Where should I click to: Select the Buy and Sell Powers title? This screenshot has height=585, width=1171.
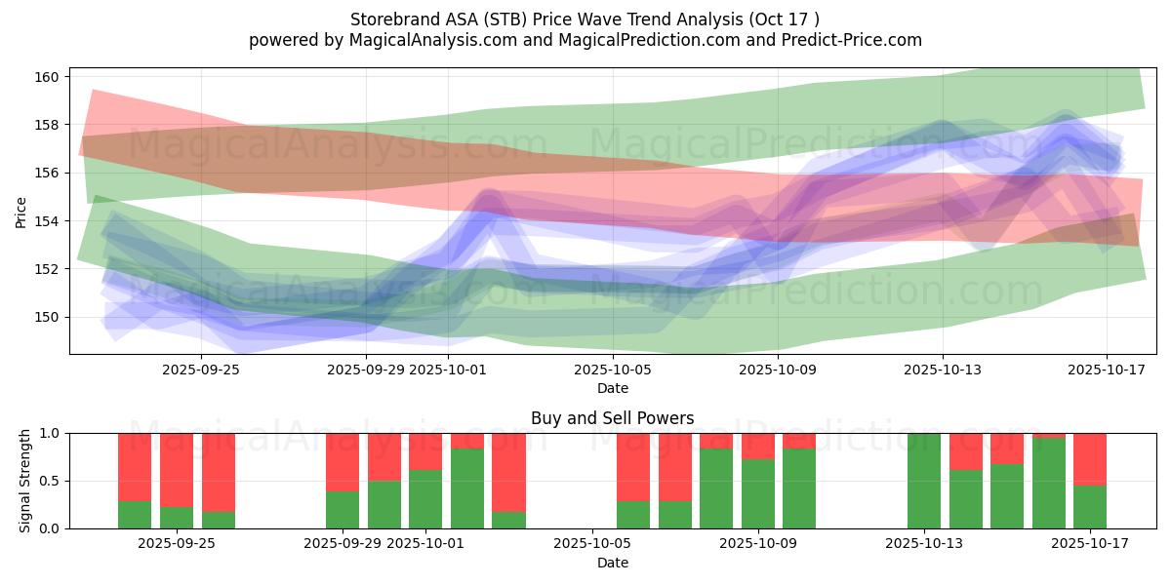pos(612,418)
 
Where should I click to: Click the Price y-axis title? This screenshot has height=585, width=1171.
pos(21,211)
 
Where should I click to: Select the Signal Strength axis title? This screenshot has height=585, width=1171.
pos(25,481)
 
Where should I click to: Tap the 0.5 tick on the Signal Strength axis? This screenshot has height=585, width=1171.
pos(49,481)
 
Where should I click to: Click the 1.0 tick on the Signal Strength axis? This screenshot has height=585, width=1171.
pos(49,433)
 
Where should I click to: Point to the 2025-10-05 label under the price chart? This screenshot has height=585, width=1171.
pos(612,370)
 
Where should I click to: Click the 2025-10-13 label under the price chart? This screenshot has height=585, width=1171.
pos(943,370)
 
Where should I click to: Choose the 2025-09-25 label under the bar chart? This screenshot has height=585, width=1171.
pos(177,544)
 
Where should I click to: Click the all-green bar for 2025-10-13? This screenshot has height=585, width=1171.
pos(923,481)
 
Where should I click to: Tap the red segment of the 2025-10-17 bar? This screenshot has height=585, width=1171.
pos(1089,458)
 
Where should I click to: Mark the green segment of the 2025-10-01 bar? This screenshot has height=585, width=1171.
pos(425,499)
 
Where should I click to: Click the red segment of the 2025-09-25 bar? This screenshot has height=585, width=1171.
pos(177,469)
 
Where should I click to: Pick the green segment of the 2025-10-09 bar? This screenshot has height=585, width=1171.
pos(758,494)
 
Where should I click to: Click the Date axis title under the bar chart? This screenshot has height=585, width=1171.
pos(612,563)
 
